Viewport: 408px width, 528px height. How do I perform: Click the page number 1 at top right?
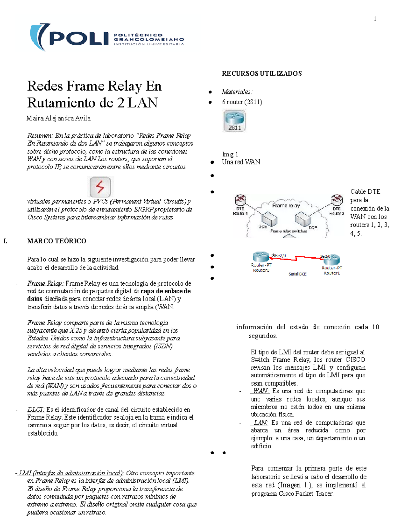[375, 19]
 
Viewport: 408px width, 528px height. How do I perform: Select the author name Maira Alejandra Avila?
[58, 118]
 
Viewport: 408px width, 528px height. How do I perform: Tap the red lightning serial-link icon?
[100, 187]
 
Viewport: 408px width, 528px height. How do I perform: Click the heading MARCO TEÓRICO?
[56, 241]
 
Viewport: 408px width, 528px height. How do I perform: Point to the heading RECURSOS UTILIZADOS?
[261, 73]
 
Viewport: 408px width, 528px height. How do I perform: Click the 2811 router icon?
[235, 120]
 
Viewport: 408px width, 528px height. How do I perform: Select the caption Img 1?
[230, 154]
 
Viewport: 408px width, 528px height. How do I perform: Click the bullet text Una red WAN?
[241, 162]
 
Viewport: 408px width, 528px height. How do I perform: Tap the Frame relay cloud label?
[286, 205]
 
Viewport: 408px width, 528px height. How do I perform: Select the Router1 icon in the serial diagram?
[332, 260]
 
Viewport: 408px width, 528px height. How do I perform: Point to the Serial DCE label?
[297, 274]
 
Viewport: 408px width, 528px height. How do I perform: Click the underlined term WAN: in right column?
[260, 391]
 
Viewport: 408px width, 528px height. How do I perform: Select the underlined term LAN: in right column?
[260, 423]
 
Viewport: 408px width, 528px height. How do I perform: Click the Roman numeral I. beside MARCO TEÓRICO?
[5, 241]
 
